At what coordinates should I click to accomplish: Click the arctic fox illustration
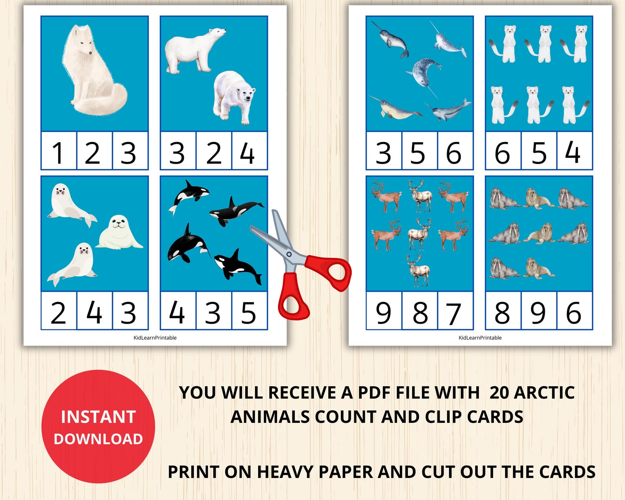[x=92, y=71]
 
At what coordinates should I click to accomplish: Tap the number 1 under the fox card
[x=58, y=153]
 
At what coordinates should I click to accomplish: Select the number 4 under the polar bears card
[x=248, y=153]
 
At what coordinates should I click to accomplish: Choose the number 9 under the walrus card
[x=538, y=313]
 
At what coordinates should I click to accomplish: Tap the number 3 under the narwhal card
[x=383, y=153]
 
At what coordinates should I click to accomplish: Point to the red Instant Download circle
[x=98, y=427]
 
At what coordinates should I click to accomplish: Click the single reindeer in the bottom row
[x=418, y=270]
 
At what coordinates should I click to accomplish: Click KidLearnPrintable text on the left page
[x=155, y=337]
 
